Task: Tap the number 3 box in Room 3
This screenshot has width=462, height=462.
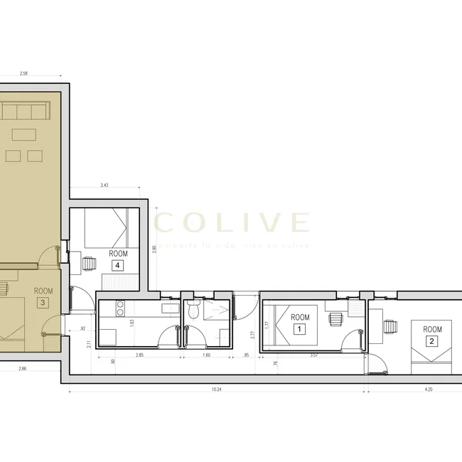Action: coord(43,303)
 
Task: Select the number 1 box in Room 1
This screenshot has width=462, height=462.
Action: coord(299,330)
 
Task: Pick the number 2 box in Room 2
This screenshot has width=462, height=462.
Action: coord(431,341)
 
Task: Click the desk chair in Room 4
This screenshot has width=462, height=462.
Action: coord(88,263)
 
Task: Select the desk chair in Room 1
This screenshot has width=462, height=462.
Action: coord(333,320)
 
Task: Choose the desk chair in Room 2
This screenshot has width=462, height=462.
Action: coord(390,326)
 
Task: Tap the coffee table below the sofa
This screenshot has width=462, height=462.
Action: coord(23,134)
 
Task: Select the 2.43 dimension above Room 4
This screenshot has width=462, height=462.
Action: coord(104,186)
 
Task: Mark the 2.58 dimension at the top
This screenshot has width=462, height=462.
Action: coord(23,73)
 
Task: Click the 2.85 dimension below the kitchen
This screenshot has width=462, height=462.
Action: coord(139,355)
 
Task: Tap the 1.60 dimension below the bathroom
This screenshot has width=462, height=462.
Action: coord(207,355)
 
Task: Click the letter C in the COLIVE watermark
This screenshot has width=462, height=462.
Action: coord(166,223)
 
